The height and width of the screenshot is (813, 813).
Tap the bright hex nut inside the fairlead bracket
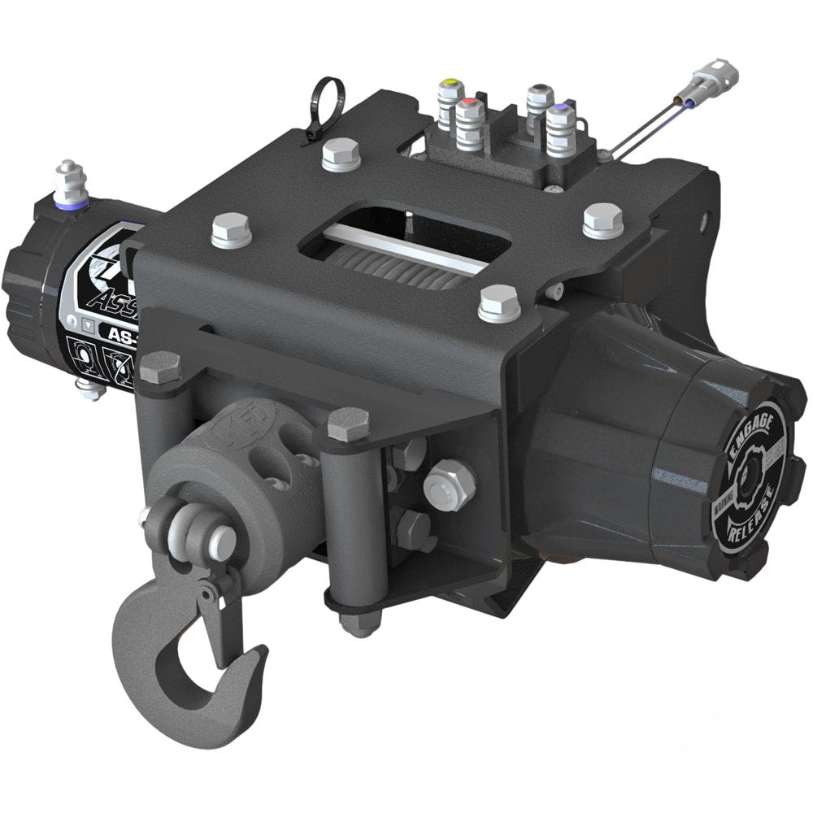tap(450, 485)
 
